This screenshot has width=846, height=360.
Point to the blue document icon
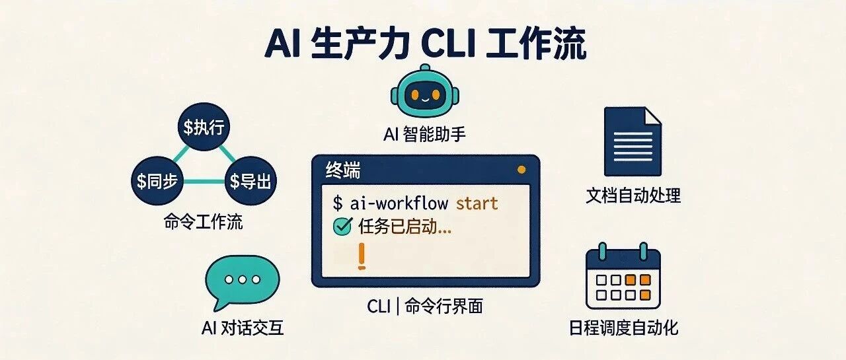[633, 141]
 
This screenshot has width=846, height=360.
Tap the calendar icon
[623, 279]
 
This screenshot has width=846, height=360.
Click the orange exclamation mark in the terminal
[361, 256]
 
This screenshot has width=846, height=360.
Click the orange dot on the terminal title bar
[521, 170]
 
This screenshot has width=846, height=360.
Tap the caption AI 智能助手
[424, 135]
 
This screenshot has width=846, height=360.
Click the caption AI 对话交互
[243, 328]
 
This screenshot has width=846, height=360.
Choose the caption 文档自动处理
[633, 195]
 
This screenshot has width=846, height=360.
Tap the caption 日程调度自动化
[623, 328]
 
